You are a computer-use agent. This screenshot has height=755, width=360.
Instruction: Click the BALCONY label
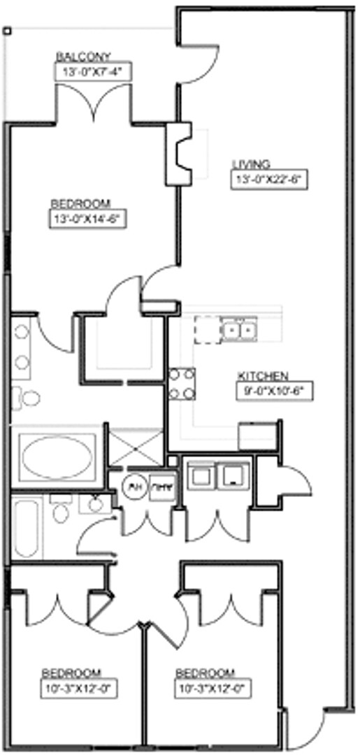click(x=83, y=57)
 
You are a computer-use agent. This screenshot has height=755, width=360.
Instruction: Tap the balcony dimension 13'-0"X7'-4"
click(x=93, y=71)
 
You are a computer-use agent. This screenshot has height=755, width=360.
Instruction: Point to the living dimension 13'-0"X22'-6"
click(x=270, y=179)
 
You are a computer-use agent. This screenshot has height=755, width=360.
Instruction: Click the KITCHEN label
click(x=262, y=375)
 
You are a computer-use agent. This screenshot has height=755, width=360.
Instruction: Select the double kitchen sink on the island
click(x=238, y=327)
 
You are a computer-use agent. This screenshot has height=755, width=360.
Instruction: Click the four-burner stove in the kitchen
click(x=182, y=384)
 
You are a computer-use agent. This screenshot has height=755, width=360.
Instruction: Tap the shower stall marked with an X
click(x=136, y=447)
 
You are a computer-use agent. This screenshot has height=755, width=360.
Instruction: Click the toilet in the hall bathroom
click(x=62, y=512)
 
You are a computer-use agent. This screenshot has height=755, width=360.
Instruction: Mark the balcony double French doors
click(x=93, y=105)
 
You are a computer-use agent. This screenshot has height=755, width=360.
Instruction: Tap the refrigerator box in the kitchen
click(x=258, y=436)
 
